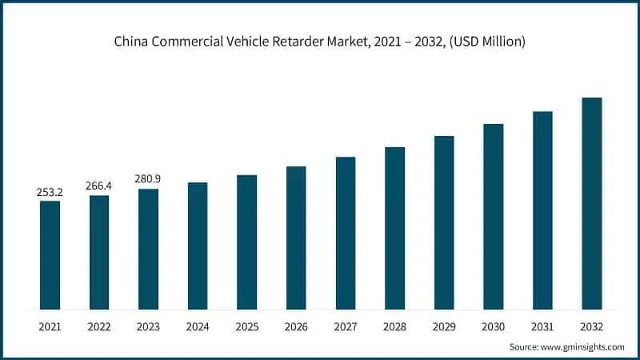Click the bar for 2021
(x=50, y=254)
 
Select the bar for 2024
(x=198, y=246)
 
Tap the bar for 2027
(x=346, y=233)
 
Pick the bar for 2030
(x=494, y=216)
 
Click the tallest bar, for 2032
(x=592, y=203)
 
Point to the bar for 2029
(x=444, y=222)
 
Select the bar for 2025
(x=247, y=242)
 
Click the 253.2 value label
(x=50, y=192)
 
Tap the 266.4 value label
(x=99, y=186)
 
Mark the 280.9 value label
(x=148, y=180)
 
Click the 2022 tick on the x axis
(x=99, y=326)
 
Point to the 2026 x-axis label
(x=296, y=326)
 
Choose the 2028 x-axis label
(x=394, y=326)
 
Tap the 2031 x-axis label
(x=542, y=326)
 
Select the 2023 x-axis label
(x=148, y=326)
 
